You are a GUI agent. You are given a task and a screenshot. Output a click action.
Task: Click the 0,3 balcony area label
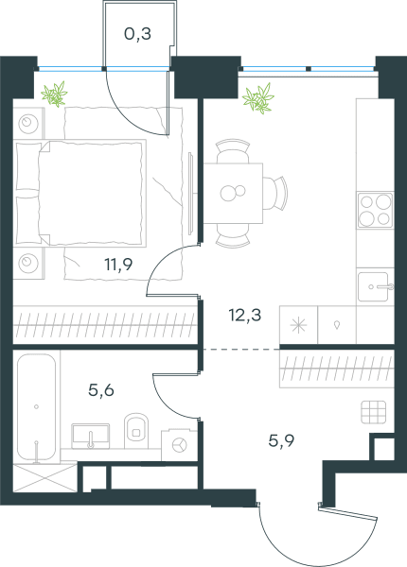click(137, 34)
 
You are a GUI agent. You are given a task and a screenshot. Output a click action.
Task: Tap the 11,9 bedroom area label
click(118, 265)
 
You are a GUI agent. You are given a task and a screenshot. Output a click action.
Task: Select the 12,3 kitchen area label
click(245, 315)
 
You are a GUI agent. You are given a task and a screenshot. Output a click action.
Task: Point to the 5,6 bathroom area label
click(101, 390)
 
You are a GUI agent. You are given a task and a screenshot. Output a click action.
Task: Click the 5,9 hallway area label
click(281, 440)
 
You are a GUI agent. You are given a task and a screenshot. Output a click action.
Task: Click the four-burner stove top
click(375, 210)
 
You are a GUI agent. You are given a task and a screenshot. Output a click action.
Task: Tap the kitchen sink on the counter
click(375, 287)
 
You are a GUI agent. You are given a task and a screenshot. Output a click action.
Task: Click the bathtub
click(36, 407)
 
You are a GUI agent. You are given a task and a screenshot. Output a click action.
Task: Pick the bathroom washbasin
click(91, 436)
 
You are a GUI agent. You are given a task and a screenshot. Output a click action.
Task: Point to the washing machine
click(179, 444)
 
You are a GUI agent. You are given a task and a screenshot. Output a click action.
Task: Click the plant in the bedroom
click(54, 94)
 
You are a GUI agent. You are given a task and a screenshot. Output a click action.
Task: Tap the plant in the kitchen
click(258, 98)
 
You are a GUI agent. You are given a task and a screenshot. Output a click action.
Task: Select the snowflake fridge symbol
click(299, 325)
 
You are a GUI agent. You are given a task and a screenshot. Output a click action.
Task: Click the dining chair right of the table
click(275, 193)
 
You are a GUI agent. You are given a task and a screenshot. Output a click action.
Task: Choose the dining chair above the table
click(233, 151)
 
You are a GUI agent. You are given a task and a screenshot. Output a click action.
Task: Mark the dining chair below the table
click(233, 235)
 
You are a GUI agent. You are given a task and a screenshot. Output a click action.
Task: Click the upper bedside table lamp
click(28, 124)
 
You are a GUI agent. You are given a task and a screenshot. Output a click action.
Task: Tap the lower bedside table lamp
click(28, 263)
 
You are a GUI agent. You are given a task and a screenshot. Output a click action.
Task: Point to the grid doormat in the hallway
click(373, 412)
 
